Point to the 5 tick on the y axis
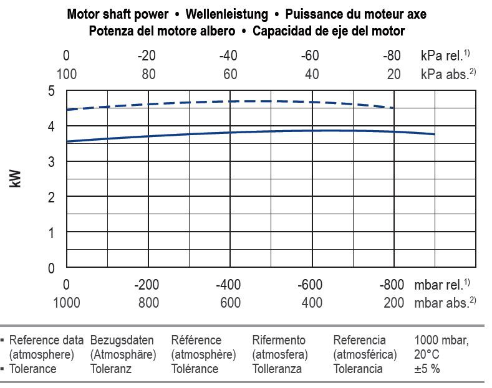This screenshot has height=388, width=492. [52, 92]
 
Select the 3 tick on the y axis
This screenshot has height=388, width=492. [52, 162]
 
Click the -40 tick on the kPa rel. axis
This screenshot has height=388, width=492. [228, 55]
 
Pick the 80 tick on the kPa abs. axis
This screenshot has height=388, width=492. [148, 74]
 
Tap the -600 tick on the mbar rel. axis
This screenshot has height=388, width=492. [310, 285]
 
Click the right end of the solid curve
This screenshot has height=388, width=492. [434, 134]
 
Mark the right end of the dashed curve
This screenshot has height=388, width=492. [393, 108]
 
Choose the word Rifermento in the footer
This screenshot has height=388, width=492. [279, 340]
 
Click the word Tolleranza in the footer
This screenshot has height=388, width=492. [277, 368]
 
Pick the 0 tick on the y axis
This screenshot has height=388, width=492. [52, 268]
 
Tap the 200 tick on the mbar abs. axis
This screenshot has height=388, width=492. [393, 303]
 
